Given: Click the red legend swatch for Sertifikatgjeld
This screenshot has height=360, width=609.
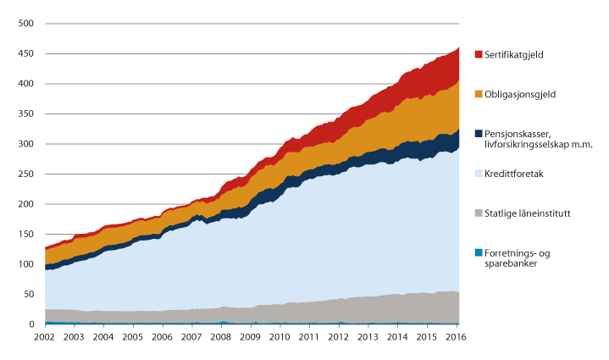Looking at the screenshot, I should (x=479, y=54).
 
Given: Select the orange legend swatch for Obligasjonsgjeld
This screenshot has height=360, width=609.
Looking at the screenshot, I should (x=479, y=93).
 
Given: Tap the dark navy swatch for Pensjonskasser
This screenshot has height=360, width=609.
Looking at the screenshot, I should (x=479, y=133).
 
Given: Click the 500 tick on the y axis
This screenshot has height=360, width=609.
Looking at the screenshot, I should (x=26, y=24).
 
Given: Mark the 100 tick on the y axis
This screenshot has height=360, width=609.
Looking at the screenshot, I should (x=26, y=264).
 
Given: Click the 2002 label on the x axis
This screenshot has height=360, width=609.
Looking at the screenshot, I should (x=45, y=338).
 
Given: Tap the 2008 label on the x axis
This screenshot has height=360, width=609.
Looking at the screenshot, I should (x=220, y=338).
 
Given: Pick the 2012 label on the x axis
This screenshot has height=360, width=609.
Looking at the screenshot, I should (x=337, y=338).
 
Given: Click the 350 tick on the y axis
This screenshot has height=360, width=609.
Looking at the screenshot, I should (x=26, y=114).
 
